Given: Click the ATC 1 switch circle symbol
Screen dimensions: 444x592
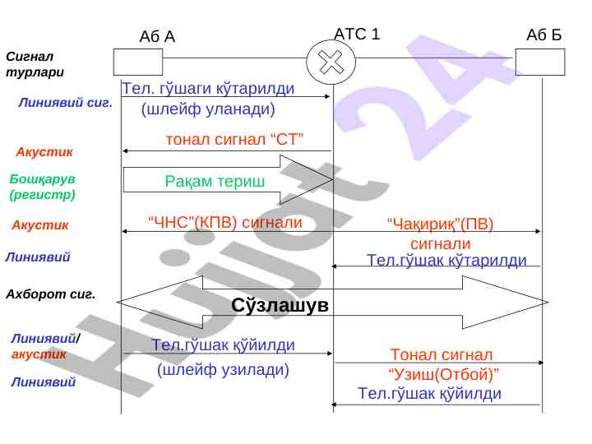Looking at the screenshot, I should [x=331, y=62].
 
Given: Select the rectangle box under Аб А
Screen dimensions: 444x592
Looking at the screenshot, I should [x=138, y=62].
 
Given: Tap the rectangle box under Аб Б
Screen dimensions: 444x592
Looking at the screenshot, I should [x=540, y=62].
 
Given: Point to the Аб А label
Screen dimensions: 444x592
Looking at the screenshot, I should [x=157, y=36].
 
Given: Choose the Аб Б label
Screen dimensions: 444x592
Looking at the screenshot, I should [x=543, y=35].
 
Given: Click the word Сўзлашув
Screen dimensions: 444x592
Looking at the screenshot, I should [x=280, y=305].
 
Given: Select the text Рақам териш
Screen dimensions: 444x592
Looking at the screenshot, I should [x=215, y=181].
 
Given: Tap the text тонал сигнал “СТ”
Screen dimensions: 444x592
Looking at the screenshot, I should [x=235, y=139].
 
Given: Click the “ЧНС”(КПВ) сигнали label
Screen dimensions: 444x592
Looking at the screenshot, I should [x=224, y=221].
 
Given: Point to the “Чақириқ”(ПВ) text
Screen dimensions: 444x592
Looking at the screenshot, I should [x=440, y=224].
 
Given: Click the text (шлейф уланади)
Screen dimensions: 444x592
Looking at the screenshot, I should [x=208, y=109].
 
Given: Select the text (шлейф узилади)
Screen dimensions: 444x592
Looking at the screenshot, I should [x=223, y=369].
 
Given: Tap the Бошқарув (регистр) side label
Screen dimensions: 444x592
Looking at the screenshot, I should [x=42, y=187].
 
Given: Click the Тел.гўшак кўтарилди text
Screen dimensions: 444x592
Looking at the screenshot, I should [x=446, y=260].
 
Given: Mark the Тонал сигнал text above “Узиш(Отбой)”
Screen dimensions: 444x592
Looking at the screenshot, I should [x=442, y=354].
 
